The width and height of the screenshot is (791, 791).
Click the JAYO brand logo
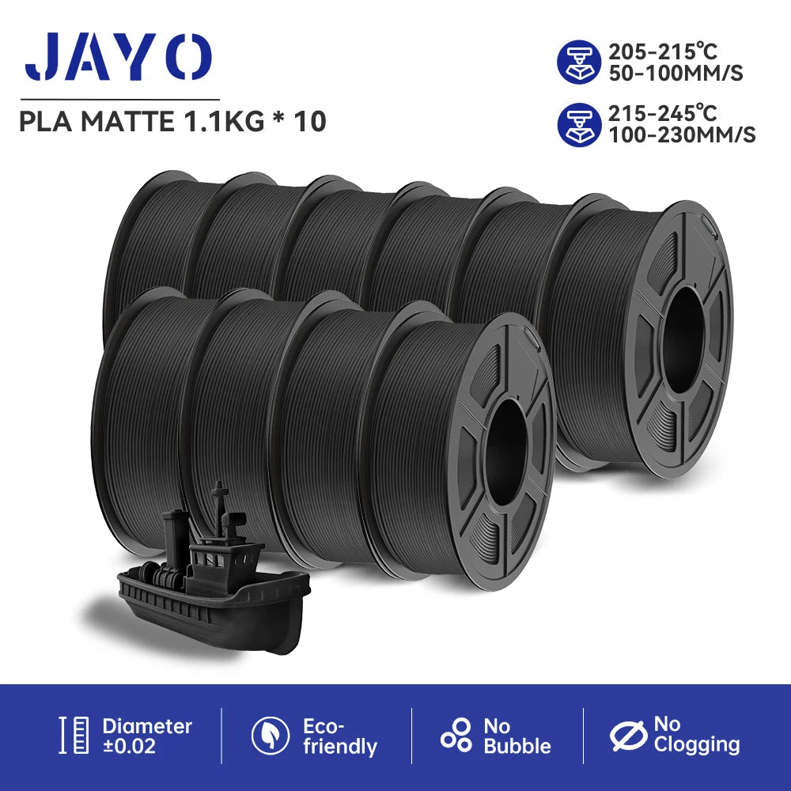(x=119, y=57)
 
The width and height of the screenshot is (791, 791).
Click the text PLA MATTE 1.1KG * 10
(x=172, y=123)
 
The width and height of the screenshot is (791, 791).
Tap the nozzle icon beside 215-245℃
(x=580, y=124)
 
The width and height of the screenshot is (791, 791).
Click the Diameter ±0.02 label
(x=146, y=736)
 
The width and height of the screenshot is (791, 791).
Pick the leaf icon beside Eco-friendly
(x=271, y=736)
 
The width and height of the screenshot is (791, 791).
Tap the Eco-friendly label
(x=339, y=736)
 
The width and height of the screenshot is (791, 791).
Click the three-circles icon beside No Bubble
(x=456, y=736)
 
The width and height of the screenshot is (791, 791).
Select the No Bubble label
(x=517, y=736)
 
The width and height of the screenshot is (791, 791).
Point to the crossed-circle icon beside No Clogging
(x=630, y=736)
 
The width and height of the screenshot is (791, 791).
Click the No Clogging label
(x=696, y=734)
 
